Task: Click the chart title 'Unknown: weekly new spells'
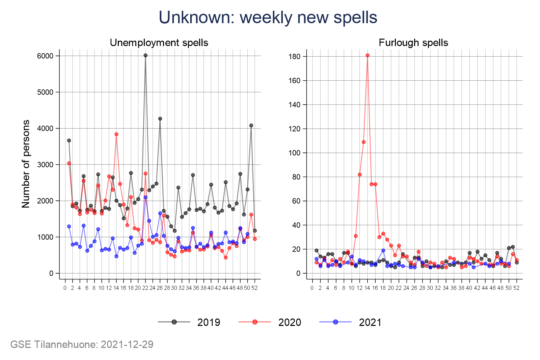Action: tap(268, 18)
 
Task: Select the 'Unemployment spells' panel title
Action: tap(159, 43)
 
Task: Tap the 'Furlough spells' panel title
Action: tap(413, 43)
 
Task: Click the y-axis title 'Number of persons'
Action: tap(26, 164)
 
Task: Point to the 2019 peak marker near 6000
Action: tap(145, 55)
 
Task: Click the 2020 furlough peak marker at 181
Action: tap(368, 55)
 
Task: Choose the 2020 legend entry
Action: tap(270, 322)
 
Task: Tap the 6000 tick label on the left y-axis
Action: tap(45, 56)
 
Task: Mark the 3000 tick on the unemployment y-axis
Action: tap(45, 165)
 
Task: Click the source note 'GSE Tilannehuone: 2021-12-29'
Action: tap(82, 344)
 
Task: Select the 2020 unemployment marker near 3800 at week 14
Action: tap(116, 134)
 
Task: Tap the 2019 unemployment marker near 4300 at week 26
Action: tap(160, 119)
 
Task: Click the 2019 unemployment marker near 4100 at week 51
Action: tap(251, 126)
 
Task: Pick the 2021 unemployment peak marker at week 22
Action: tap(145, 197)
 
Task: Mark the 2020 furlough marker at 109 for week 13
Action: tap(363, 142)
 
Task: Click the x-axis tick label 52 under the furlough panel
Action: tap(516, 288)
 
